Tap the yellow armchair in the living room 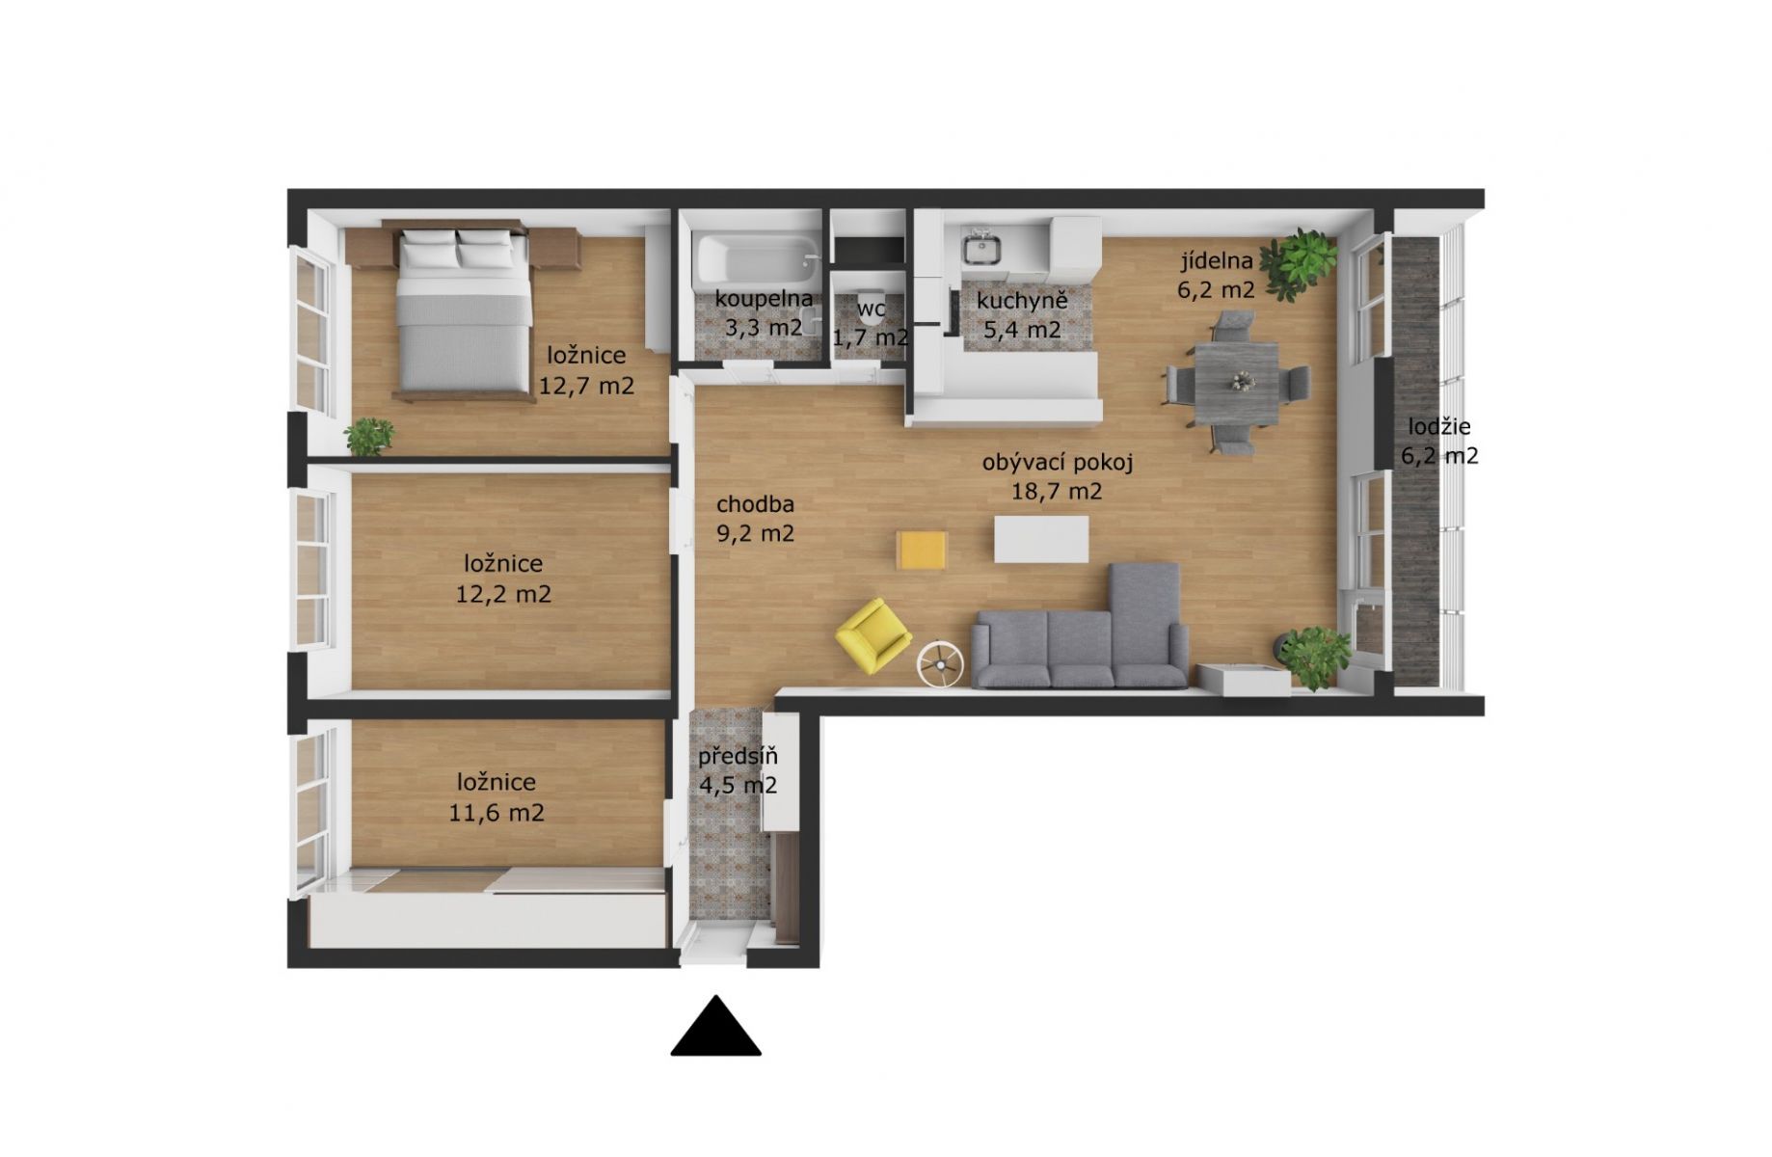(x=873, y=635)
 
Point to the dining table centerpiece (x=1237, y=382)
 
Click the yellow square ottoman (x=922, y=550)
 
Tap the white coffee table (x=1041, y=539)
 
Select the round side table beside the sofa (x=939, y=663)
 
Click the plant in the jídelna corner (x=1299, y=263)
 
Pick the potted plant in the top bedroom (x=369, y=436)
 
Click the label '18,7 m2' (x=1057, y=492)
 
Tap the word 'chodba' (x=755, y=503)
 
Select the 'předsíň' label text (x=738, y=757)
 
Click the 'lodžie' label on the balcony (x=1439, y=426)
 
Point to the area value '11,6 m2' (x=497, y=813)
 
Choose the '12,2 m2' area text (x=503, y=594)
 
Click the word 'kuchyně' (x=1022, y=301)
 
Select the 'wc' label (x=871, y=309)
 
